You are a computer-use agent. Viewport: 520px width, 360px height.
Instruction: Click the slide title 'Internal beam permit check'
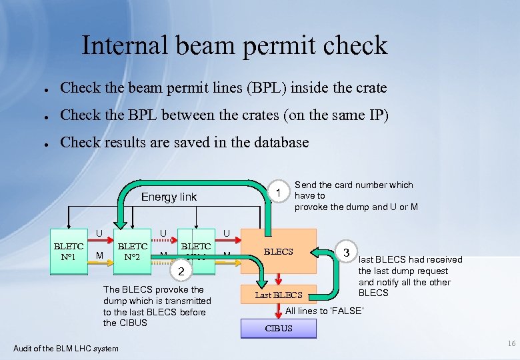234,45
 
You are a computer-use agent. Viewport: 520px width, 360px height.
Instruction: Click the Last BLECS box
279,295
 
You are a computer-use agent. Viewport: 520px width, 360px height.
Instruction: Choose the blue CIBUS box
279,328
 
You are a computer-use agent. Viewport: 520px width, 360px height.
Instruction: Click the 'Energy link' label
169,197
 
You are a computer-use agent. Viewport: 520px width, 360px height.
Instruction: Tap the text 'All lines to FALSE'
324,311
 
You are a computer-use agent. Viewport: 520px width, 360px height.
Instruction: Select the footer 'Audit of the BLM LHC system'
66,348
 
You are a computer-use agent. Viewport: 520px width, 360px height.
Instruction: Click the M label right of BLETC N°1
99,255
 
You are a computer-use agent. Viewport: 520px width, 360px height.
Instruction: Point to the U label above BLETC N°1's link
99,233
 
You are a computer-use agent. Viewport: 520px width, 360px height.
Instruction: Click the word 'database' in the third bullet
280,142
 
